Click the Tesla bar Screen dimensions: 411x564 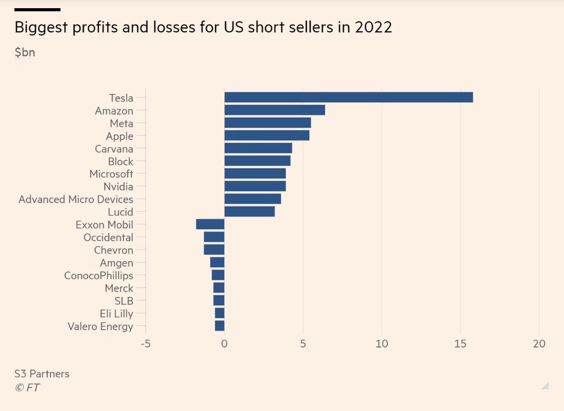pyautogui.click(x=348, y=97)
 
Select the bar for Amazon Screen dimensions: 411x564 pyautogui.click(x=274, y=110)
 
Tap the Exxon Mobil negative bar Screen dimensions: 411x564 pyautogui.click(x=210, y=224)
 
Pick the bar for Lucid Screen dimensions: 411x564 pyautogui.click(x=249, y=211)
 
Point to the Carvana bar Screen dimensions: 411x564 pyautogui.click(x=258, y=148)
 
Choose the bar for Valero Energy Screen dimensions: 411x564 pyautogui.click(x=220, y=326)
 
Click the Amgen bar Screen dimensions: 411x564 pyautogui.click(x=217, y=262)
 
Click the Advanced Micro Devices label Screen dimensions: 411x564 pyautogui.click(x=76, y=199)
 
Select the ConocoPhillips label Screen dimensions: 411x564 pyautogui.click(x=98, y=276)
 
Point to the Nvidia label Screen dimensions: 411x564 pyautogui.click(x=118, y=187)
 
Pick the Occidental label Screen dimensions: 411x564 pyautogui.click(x=108, y=237)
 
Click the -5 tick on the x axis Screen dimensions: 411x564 pyautogui.click(x=145, y=344)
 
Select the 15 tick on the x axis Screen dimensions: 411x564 pyautogui.click(x=460, y=344)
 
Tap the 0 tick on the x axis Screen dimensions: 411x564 pyautogui.click(x=224, y=344)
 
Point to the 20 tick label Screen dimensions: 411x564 pyautogui.click(x=539, y=344)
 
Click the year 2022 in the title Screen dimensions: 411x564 pyautogui.click(x=373, y=27)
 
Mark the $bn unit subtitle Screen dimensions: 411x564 pyautogui.click(x=25, y=52)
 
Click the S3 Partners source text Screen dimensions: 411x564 pyautogui.click(x=42, y=373)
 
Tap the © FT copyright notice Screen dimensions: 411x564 pyautogui.click(x=27, y=387)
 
